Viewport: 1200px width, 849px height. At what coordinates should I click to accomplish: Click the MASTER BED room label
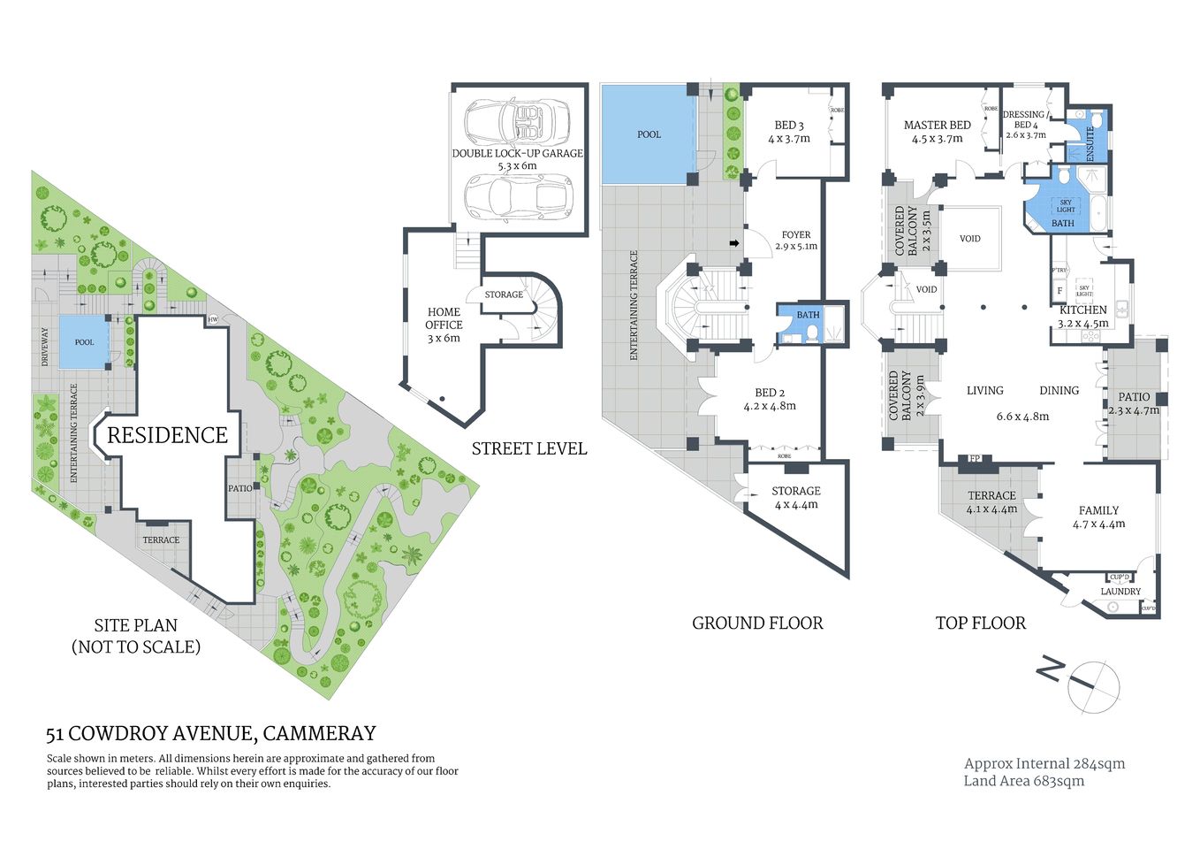(x=937, y=126)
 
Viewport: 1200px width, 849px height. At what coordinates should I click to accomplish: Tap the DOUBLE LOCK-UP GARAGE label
(x=517, y=153)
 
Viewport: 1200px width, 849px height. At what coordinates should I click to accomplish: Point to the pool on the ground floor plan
(x=648, y=134)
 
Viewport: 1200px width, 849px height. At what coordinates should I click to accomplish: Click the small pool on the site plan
(x=84, y=342)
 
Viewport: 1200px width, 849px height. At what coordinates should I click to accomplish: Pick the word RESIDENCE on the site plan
(x=167, y=435)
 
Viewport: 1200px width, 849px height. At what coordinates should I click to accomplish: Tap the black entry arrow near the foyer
(x=733, y=243)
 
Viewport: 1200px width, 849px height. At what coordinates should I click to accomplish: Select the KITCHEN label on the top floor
(x=1082, y=310)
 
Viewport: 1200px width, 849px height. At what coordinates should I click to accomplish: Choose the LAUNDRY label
(x=1120, y=592)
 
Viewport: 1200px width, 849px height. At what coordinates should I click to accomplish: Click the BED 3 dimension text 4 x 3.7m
(x=788, y=139)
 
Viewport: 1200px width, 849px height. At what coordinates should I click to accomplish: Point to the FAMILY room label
(x=1098, y=510)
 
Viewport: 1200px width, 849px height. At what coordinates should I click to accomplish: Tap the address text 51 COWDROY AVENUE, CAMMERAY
(x=211, y=733)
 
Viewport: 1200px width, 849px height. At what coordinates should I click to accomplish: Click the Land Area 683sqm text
(x=1023, y=781)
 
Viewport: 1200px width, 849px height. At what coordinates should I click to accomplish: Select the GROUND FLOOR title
(x=756, y=623)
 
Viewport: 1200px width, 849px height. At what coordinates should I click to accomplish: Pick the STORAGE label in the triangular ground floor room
(x=795, y=491)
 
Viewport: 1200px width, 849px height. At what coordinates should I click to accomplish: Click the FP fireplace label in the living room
(x=975, y=459)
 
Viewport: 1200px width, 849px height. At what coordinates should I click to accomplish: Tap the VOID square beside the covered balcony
(x=969, y=239)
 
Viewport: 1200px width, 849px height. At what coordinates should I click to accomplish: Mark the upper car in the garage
(x=517, y=120)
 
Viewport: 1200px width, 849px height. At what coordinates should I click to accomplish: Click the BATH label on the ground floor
(x=808, y=315)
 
